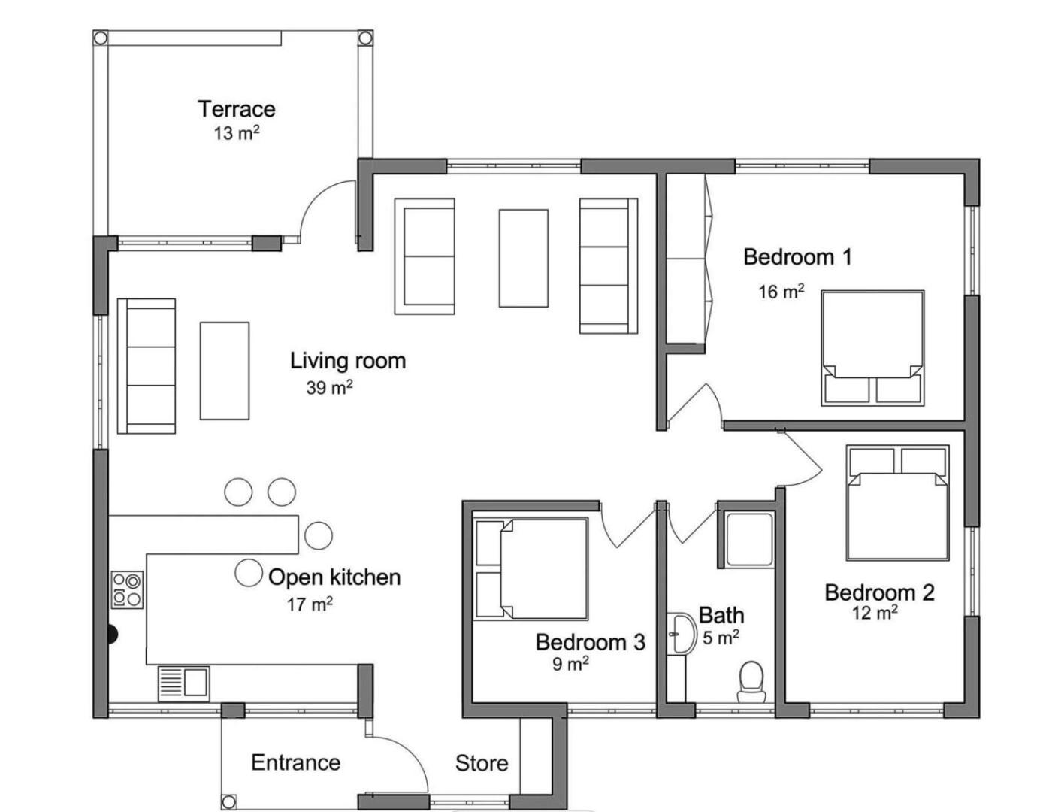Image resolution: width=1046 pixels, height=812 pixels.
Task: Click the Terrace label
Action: point(237,109)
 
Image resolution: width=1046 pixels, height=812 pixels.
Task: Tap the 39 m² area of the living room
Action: point(329,387)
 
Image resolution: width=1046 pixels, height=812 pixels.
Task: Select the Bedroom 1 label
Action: point(797,256)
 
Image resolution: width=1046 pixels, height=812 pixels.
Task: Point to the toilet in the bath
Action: point(751,682)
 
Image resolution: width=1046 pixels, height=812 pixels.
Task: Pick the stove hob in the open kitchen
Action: point(127,589)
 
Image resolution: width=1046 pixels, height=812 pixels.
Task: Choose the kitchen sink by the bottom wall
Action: point(183,684)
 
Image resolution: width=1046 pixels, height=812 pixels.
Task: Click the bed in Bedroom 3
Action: point(532,568)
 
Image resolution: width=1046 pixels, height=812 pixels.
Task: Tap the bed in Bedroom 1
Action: point(872,347)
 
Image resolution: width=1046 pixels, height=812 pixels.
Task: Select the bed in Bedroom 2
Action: point(898,503)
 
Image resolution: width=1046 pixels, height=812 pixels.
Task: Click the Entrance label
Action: point(295,762)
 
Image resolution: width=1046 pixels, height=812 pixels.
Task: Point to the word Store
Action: point(482,763)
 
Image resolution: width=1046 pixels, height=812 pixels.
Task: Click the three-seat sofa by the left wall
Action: point(147,366)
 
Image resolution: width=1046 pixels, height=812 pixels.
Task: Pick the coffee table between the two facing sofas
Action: point(523,258)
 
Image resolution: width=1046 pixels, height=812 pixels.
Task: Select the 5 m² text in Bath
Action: point(721,638)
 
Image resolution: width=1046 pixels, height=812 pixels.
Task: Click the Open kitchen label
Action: point(334,577)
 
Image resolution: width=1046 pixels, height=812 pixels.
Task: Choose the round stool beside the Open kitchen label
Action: point(249,573)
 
